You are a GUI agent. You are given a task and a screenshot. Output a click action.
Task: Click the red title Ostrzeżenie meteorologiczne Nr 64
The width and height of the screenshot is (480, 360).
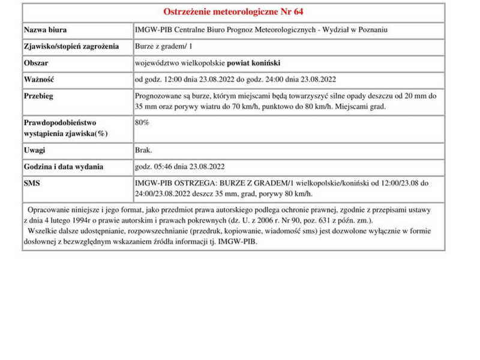coord(233,12)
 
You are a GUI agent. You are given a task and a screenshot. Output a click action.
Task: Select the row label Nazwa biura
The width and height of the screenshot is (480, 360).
coord(46,30)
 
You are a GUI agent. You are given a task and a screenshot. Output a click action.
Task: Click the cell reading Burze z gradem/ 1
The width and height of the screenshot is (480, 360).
coord(163,46)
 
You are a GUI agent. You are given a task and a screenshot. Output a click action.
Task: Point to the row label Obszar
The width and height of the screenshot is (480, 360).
coord(36,62)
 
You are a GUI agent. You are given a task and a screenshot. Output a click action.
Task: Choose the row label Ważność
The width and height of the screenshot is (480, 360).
coord(39,79)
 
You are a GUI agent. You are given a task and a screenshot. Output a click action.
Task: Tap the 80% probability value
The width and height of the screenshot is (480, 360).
coord(142,122)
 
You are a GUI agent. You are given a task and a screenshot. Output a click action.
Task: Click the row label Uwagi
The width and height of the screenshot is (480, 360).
coord(34,150)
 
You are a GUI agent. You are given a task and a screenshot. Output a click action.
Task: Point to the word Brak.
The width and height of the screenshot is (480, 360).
coord(143,150)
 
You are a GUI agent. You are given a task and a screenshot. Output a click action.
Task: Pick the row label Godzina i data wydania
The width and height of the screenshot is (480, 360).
coord(64,166)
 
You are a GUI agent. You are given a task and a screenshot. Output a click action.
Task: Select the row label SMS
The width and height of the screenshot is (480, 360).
coord(32,183)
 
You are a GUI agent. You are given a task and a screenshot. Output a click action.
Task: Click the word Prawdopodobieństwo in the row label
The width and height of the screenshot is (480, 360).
coord(60,122)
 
